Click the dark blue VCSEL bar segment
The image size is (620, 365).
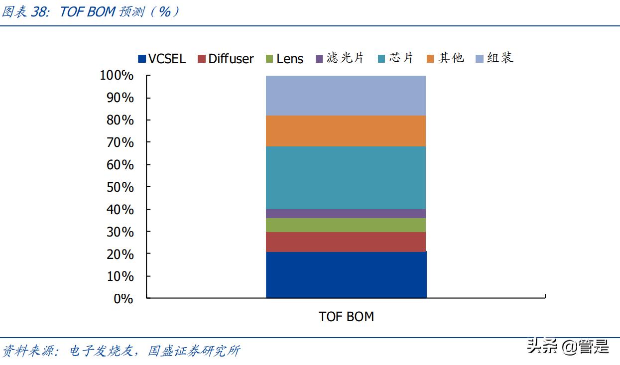[x=346, y=275]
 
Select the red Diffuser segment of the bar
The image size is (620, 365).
[x=346, y=242]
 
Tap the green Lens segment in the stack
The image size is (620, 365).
[x=346, y=225]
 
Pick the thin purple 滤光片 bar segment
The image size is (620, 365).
[x=346, y=214]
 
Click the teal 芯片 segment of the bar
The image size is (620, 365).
[x=346, y=178]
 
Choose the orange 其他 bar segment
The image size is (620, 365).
[x=346, y=131]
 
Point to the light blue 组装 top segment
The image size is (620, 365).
[x=346, y=96]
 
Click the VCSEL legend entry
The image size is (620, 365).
[x=162, y=59]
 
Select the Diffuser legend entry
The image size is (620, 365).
[x=226, y=59]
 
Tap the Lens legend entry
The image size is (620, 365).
[x=284, y=59]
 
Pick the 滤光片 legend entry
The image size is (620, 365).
[x=340, y=58]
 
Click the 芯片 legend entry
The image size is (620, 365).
[x=396, y=58]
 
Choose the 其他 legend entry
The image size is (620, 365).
[x=445, y=58]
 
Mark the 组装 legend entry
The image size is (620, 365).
[x=495, y=58]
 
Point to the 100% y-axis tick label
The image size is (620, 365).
[x=117, y=76]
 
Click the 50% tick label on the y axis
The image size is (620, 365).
[x=120, y=187]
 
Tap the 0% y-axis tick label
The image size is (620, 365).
[x=123, y=299]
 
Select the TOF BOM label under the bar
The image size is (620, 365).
[x=346, y=317]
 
